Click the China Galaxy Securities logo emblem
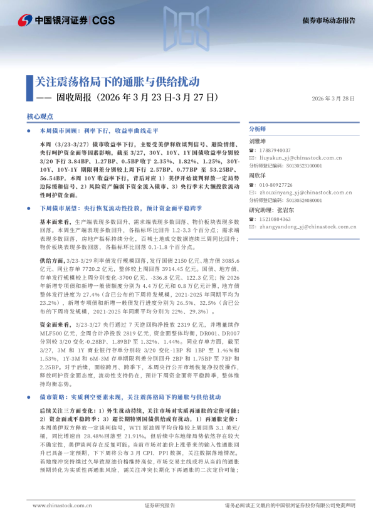(24, 20)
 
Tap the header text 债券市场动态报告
(328, 20)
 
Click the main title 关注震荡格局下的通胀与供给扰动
(117, 82)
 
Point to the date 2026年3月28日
(333, 98)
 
